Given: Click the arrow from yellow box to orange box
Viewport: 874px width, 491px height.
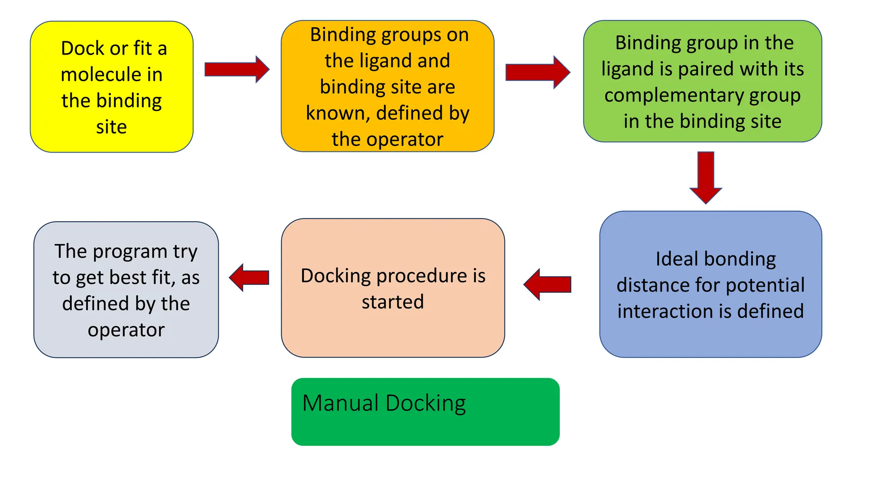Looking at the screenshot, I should pos(236,69).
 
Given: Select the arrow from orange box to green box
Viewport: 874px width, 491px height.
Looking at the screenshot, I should pos(537,72).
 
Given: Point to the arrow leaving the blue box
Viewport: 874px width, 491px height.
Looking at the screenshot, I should pos(547,284).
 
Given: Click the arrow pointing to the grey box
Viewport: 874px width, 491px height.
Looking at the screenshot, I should pos(249,277).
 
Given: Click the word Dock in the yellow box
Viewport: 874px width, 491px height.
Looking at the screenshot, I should pos(82,48).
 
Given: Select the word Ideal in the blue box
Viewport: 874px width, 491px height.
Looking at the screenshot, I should pos(677,259).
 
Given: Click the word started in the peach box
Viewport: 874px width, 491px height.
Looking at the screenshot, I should pos(393,302).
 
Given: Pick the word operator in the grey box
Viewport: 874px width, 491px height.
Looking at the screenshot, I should pos(126,330).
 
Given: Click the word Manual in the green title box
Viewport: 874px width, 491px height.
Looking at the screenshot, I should pos(340,403).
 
